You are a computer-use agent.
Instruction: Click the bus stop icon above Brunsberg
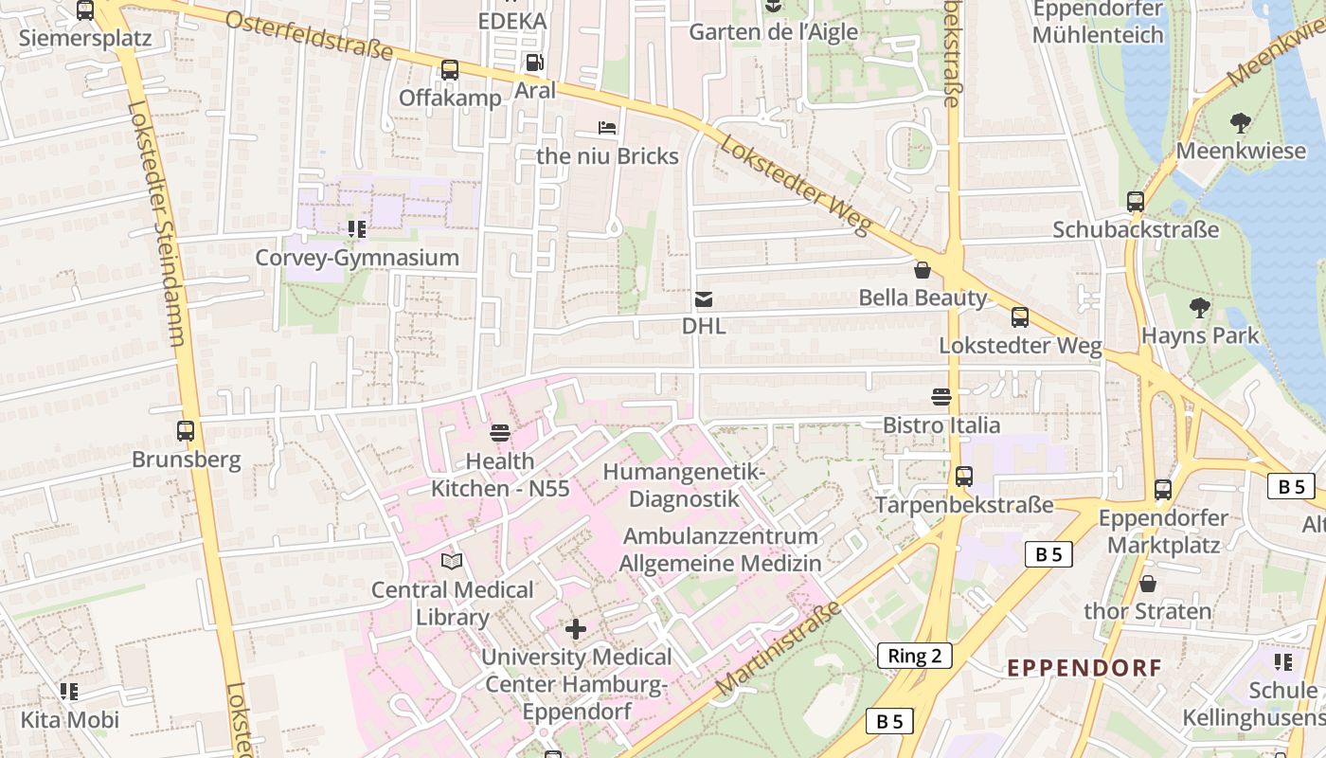tap(186, 431)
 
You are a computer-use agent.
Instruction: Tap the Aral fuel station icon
tap(534, 63)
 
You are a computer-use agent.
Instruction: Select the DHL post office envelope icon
tap(704, 299)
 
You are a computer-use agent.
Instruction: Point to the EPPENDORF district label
tap(1084, 668)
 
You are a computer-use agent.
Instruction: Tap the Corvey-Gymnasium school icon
tap(356, 229)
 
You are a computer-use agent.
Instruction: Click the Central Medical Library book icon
tap(453, 562)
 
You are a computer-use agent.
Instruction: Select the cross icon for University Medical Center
tap(575, 629)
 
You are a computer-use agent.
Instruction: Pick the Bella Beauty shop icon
tap(923, 271)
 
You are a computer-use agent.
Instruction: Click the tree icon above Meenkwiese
tap(1240, 122)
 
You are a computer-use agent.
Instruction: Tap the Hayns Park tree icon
tap(1200, 307)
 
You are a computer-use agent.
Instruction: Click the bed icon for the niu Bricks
tap(607, 128)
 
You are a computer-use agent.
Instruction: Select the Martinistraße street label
tap(779, 650)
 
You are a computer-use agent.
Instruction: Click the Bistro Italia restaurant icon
tap(941, 397)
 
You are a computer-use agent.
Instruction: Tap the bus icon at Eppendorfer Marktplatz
tap(1162, 490)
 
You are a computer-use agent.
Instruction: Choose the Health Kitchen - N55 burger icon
tap(500, 434)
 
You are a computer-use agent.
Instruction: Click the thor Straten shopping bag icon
tap(1148, 584)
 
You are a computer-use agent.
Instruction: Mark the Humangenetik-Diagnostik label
tap(683, 485)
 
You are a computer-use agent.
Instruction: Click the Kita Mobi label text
tap(70, 720)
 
